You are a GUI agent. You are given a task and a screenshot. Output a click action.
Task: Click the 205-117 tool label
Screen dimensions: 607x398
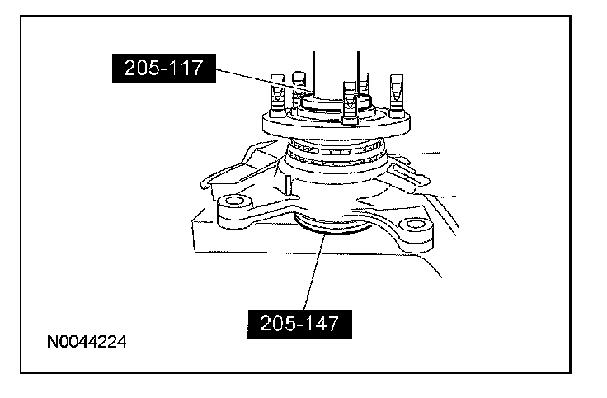click(x=164, y=68)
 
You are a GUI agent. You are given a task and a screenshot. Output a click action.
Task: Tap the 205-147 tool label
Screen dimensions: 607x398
click(x=299, y=324)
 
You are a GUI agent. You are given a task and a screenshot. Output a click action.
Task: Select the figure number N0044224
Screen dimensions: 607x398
click(x=87, y=342)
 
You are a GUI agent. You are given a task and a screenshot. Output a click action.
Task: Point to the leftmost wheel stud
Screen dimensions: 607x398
click(x=277, y=96)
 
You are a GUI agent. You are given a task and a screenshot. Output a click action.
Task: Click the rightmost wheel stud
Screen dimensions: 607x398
click(x=397, y=96)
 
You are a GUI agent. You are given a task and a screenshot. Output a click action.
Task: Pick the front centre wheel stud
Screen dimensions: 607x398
click(x=350, y=102)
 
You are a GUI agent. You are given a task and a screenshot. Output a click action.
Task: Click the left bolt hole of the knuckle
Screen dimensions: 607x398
click(x=233, y=201)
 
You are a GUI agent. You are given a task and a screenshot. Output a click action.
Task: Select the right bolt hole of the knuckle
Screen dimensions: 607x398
click(x=415, y=224)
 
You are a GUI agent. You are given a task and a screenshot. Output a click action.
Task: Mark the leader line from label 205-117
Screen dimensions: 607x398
click(x=265, y=81)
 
